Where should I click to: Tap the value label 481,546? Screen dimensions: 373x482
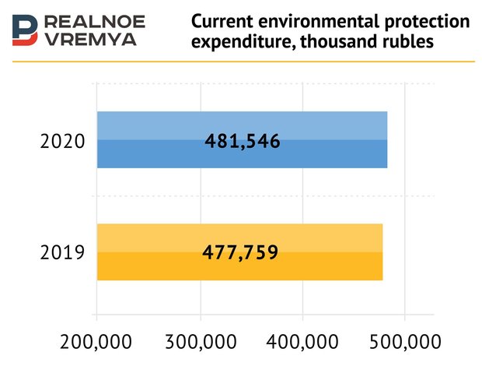(242, 142)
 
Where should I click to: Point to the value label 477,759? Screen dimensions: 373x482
(239, 252)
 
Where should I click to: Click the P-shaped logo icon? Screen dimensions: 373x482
(25, 30)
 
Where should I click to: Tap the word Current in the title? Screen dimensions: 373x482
(221, 21)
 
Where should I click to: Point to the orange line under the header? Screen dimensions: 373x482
(241, 62)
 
